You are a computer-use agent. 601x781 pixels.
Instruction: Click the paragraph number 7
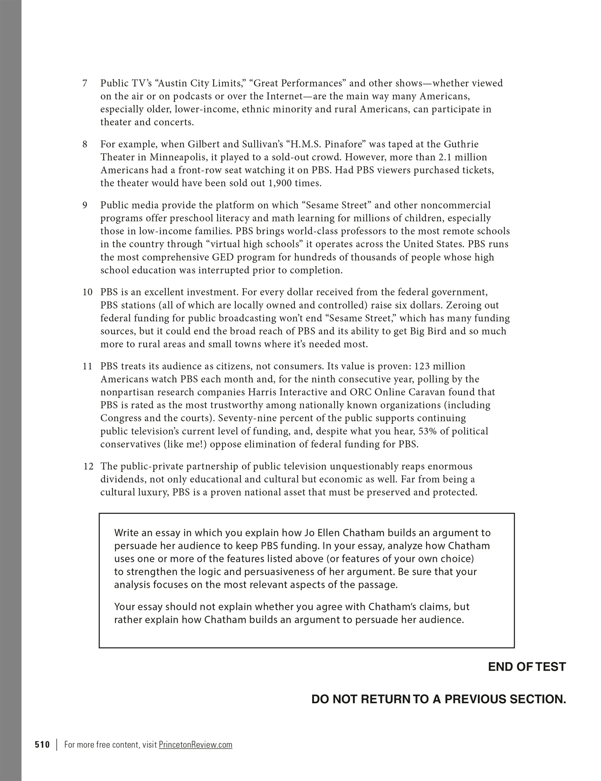click(x=85, y=84)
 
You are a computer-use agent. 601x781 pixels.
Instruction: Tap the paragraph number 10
click(x=88, y=292)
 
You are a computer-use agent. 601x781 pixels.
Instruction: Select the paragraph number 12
click(x=88, y=466)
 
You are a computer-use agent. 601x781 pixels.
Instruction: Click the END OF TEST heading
click(x=527, y=667)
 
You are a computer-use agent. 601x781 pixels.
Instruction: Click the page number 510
click(x=42, y=745)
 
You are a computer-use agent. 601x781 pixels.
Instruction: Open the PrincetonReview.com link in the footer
click(x=195, y=745)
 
